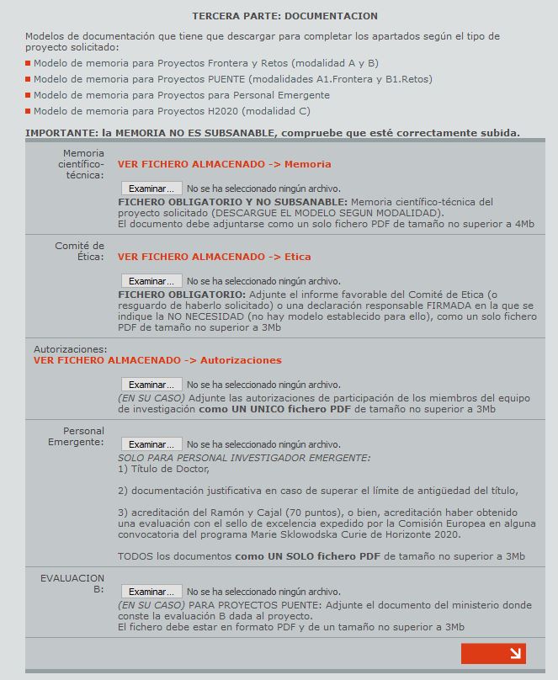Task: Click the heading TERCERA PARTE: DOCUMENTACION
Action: point(284,16)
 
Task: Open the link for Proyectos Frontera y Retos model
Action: point(205,63)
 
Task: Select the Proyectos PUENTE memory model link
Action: point(232,79)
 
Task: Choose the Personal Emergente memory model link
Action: point(181,95)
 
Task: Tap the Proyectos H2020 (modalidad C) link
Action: point(172,111)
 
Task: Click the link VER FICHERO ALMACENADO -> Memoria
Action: point(224,164)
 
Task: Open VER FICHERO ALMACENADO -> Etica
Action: point(214,257)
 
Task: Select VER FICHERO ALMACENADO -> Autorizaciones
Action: point(157,360)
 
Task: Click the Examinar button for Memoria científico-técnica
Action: point(151,189)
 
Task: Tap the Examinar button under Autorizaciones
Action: point(151,385)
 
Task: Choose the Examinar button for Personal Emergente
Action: point(151,444)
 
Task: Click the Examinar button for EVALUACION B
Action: point(151,592)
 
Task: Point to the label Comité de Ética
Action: point(79,251)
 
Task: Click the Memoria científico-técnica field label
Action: point(81,164)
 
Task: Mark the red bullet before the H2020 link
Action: point(28,111)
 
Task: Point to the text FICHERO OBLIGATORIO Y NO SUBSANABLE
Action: point(232,202)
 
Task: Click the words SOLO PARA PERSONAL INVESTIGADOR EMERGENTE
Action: point(244,458)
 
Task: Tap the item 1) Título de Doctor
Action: point(163,469)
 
